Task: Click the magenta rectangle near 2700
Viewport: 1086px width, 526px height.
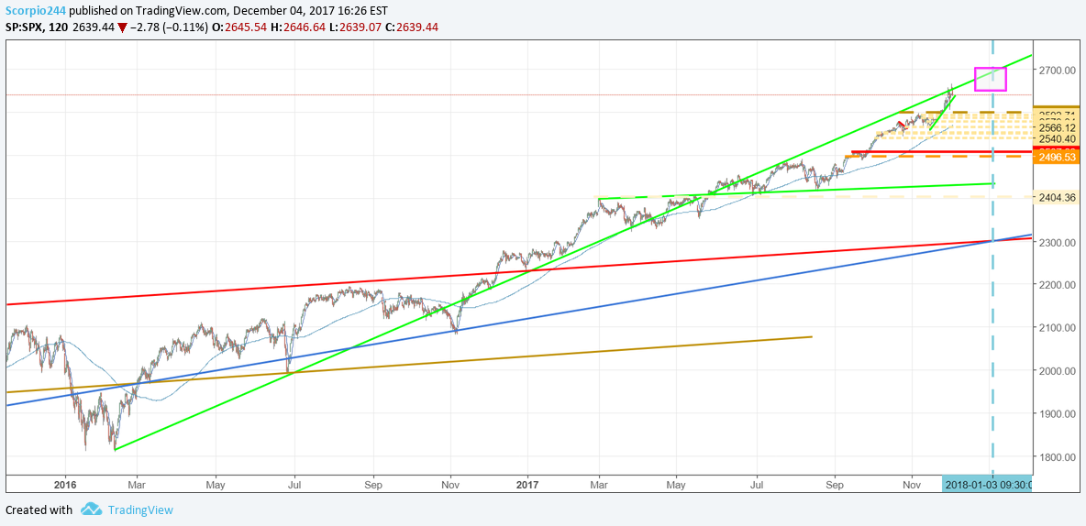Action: [x=990, y=79]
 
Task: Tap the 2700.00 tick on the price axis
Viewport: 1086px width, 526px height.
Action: [x=1058, y=71]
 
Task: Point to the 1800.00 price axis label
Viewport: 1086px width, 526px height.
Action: [x=1058, y=456]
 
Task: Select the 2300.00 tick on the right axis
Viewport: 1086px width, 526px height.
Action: [x=1058, y=242]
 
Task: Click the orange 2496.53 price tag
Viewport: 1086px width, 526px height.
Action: [x=1056, y=158]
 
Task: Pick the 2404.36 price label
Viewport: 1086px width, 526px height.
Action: [x=1058, y=197]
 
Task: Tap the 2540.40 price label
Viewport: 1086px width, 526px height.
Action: [x=1058, y=138]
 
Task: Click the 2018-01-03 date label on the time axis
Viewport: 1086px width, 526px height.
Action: [x=987, y=484]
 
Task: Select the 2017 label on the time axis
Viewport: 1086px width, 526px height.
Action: [x=529, y=484]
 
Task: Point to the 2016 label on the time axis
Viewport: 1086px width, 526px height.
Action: [x=64, y=484]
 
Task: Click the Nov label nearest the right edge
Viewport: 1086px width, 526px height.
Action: [x=911, y=484]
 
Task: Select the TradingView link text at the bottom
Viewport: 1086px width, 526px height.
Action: [x=139, y=510]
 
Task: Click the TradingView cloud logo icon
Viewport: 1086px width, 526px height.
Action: [x=90, y=510]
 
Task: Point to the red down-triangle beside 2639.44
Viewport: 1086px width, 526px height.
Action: [x=122, y=27]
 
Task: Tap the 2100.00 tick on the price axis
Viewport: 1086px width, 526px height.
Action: [x=1058, y=328]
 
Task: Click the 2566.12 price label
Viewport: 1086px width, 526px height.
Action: [x=1058, y=128]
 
